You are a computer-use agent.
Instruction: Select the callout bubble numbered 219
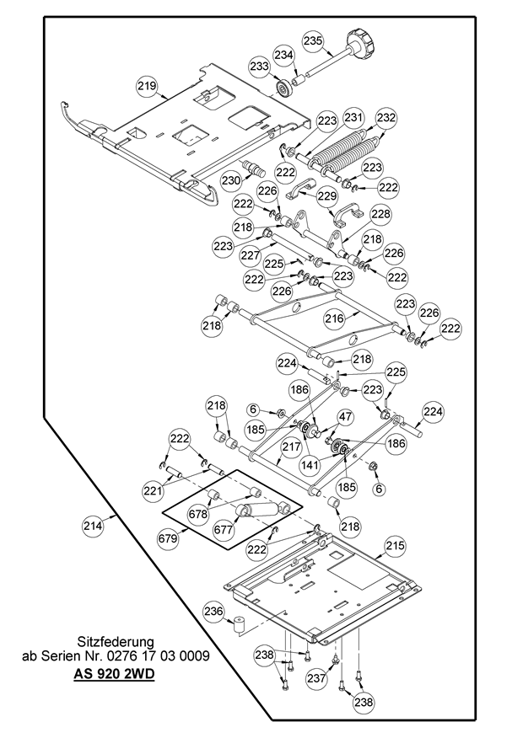point(148,86)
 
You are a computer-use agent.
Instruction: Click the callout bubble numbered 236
point(213,612)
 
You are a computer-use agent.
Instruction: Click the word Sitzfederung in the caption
point(115,641)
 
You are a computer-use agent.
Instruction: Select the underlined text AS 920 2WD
point(115,675)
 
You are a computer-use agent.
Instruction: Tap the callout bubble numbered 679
point(170,537)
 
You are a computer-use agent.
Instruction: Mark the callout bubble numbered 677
point(223,530)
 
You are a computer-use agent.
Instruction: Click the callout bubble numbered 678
point(198,511)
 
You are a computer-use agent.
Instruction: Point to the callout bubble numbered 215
point(396,547)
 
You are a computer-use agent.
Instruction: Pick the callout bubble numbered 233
point(259,67)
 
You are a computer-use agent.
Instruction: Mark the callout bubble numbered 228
point(380,215)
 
